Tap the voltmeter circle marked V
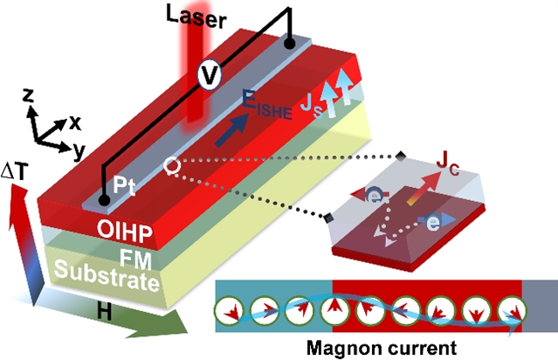click(x=208, y=77)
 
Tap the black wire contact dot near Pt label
click(x=104, y=202)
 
